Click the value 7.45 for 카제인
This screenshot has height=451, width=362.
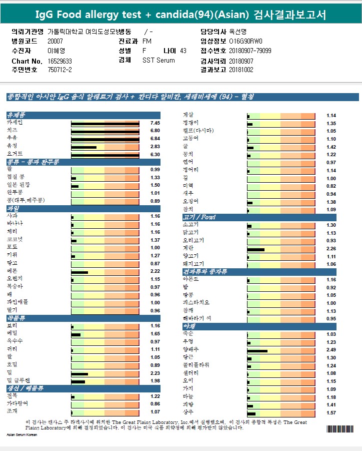click(155, 123)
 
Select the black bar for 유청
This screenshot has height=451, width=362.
click(84, 147)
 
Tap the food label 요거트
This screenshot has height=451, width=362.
click(14, 154)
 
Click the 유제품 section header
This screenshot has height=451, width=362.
click(16, 115)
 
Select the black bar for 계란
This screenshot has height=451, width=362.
click(256, 249)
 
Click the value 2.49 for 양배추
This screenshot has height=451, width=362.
click(331, 350)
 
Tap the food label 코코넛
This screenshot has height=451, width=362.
click(14, 240)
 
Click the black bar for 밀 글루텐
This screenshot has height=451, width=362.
click(78, 382)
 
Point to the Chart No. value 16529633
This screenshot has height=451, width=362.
click(60, 61)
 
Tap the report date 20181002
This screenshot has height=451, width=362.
click(241, 70)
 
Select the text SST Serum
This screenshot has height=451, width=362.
click(158, 60)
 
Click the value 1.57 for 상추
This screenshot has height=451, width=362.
click(331, 413)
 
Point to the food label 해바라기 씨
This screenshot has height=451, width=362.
click(197, 318)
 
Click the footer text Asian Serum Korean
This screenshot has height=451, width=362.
click(22, 434)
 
